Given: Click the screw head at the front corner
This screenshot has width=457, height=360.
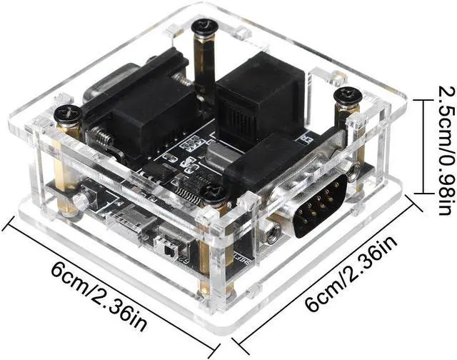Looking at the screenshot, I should tap(212, 191).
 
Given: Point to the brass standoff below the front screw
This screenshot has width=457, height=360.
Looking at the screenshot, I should tap(207, 264).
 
